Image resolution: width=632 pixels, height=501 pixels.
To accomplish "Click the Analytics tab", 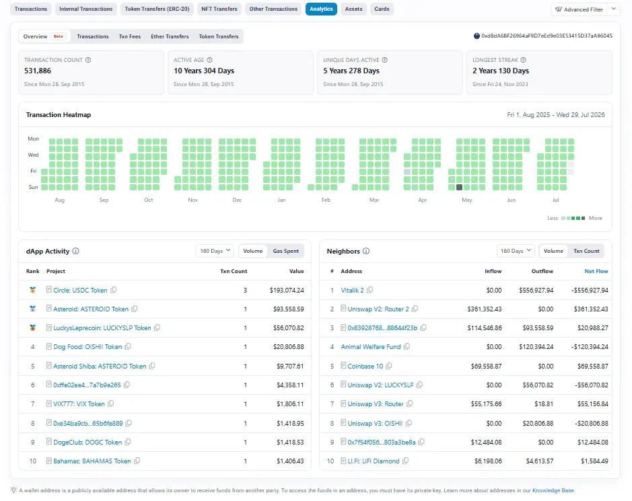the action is (321, 9).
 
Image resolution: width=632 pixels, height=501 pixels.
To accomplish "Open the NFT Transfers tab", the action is (219, 9).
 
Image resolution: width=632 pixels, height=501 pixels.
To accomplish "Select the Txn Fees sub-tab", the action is (130, 36).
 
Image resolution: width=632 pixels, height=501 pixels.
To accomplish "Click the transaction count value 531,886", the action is (38, 71).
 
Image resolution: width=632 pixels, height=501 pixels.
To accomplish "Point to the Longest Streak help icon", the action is (523, 60).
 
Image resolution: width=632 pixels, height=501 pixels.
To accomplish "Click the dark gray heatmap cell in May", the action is (459, 187).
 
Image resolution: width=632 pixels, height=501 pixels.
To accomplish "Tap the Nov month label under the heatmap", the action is (192, 200).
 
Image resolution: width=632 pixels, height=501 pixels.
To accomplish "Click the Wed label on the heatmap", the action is (33, 155).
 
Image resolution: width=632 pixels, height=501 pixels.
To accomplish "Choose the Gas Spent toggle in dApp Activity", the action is (286, 251).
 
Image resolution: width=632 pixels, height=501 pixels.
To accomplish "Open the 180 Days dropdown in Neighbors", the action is (516, 251).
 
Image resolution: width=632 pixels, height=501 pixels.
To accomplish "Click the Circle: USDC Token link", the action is (80, 290).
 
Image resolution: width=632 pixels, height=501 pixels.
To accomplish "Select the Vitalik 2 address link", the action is (352, 290).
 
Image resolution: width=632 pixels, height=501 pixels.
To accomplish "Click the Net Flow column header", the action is (596, 271).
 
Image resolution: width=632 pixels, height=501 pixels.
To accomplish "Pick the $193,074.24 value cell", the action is (287, 290).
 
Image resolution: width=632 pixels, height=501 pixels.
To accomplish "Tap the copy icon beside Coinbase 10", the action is (389, 366).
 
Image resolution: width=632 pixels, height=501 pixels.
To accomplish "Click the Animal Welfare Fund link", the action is (371, 347).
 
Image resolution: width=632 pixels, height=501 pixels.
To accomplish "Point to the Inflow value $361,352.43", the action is (485, 309).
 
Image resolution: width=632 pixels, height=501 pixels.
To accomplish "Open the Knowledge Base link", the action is (553, 490).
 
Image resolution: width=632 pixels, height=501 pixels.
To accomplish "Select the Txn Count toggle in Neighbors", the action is (586, 251).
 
